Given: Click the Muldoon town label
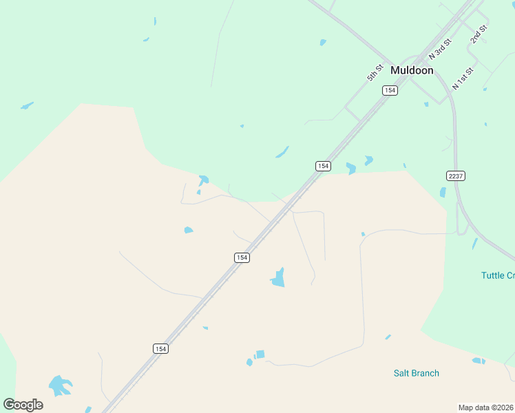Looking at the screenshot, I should pyautogui.click(x=412, y=70).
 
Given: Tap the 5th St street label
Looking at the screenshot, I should pyautogui.click(x=375, y=72).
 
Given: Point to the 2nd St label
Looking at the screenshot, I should pyautogui.click(x=479, y=34).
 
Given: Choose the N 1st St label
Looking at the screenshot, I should pyautogui.click(x=463, y=78).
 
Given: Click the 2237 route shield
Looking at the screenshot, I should pyautogui.click(x=456, y=176).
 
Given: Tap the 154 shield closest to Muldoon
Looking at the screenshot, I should pyautogui.click(x=390, y=90).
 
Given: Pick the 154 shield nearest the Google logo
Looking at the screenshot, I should pyautogui.click(x=160, y=349).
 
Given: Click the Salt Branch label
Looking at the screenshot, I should pyautogui.click(x=416, y=373).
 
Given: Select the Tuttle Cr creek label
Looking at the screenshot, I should pyautogui.click(x=497, y=275).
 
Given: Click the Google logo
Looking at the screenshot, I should pyautogui.click(x=23, y=405).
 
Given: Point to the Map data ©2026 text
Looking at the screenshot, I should pyautogui.click(x=485, y=407).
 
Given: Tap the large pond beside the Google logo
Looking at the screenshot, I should pyautogui.click(x=60, y=385).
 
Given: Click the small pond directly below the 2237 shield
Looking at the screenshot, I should pyautogui.click(x=443, y=193).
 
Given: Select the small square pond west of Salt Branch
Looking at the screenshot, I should pyautogui.click(x=260, y=354).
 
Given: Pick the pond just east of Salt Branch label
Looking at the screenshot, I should pyautogui.click(x=479, y=361).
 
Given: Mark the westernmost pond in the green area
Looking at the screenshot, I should pyautogui.click(x=27, y=106).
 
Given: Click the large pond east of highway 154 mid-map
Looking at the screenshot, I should pyautogui.click(x=278, y=278).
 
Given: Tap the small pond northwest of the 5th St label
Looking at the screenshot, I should pyautogui.click(x=323, y=43).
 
